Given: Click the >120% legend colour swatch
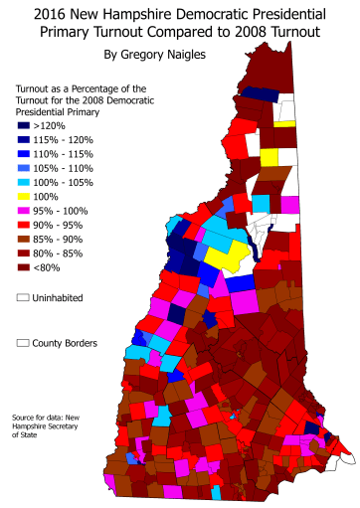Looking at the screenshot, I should (23, 126).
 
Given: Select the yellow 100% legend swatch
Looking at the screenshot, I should (23, 199).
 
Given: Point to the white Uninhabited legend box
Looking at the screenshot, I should (23, 297).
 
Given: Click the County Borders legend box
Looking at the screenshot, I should (23, 343).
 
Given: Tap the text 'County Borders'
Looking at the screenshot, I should (69, 343).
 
